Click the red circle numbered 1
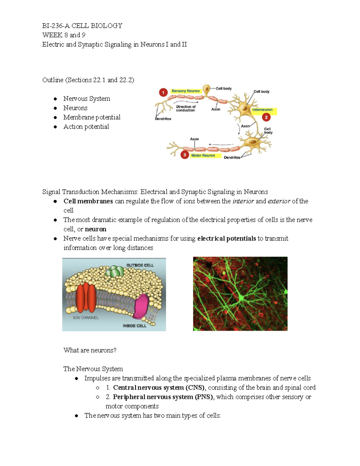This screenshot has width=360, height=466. coord(163,92)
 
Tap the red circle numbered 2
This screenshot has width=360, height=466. coord(266,117)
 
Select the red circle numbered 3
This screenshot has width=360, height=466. coord(184,155)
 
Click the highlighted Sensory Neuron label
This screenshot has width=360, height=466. coord(185,91)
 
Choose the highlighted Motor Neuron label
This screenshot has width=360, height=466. coord(203,155)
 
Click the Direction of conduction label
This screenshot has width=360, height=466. coord(186,108)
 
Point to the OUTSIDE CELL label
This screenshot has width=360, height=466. coord(140,265)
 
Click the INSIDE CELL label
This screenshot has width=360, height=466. coord(134,326)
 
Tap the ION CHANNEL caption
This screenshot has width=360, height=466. coord(86,317)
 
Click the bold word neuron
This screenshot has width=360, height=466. coord(96,229)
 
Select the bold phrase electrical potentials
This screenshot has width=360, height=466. coord(226,239)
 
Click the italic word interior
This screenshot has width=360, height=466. coord(243,201)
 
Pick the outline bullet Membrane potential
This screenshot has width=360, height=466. coord(92,117)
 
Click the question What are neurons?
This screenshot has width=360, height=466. coord(90,350)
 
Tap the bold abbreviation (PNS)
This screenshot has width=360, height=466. coord(204,397)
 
